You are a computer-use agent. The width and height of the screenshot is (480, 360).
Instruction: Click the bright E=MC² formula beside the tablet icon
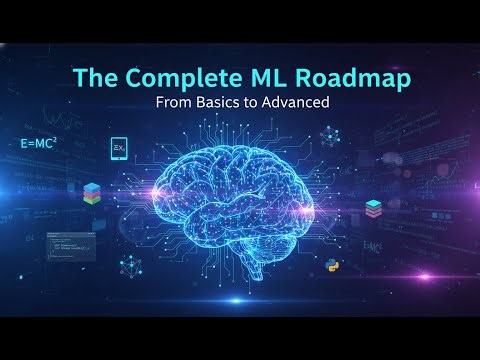41,144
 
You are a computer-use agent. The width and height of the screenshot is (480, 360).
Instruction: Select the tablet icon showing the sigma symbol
119,149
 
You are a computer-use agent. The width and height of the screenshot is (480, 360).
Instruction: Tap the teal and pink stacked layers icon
373,208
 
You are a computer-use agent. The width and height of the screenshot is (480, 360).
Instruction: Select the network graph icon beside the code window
128,266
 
